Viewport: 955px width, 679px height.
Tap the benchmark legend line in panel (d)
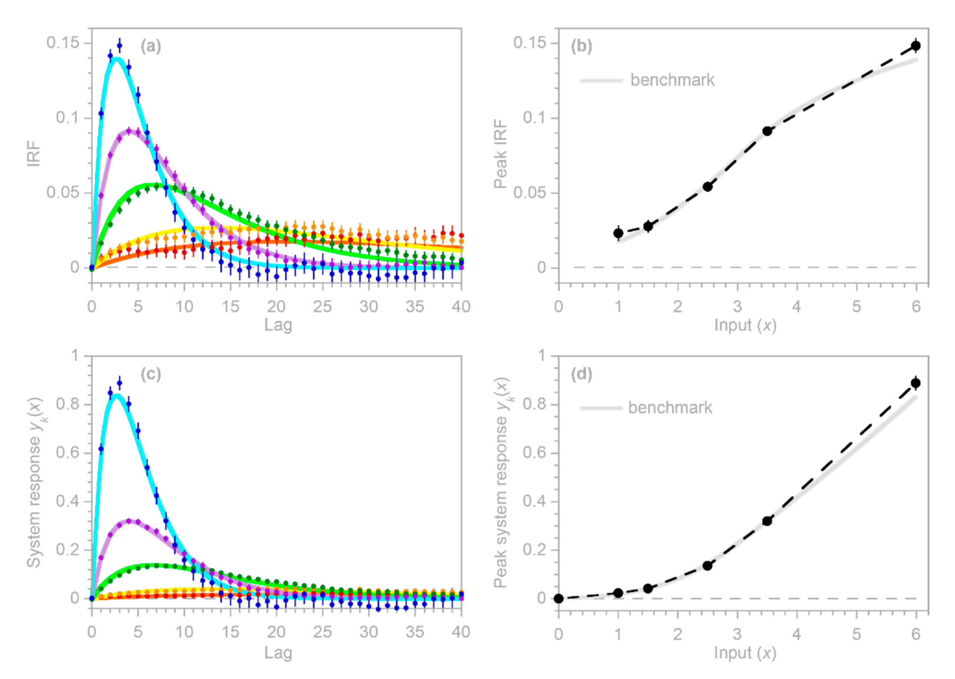click(x=601, y=408)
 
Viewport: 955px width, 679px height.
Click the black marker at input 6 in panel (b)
click(x=916, y=46)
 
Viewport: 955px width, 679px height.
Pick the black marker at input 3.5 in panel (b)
click(x=767, y=131)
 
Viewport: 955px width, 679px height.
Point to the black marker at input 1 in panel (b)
click(x=618, y=233)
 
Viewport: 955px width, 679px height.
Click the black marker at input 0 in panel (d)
click(x=559, y=598)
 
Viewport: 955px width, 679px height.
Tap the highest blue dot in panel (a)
click(x=120, y=46)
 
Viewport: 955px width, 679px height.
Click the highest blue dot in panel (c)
click(x=120, y=382)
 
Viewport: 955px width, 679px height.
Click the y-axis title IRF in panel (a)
click(x=33, y=154)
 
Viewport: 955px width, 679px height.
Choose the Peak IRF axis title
click(x=500, y=154)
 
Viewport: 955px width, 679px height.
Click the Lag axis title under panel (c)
click(x=278, y=653)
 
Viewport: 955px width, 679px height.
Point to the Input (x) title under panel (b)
click(x=745, y=325)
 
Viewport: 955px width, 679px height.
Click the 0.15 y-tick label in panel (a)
click(x=63, y=43)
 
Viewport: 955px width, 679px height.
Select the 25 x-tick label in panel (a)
click(x=322, y=307)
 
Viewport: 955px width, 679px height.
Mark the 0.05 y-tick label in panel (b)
click(x=530, y=193)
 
